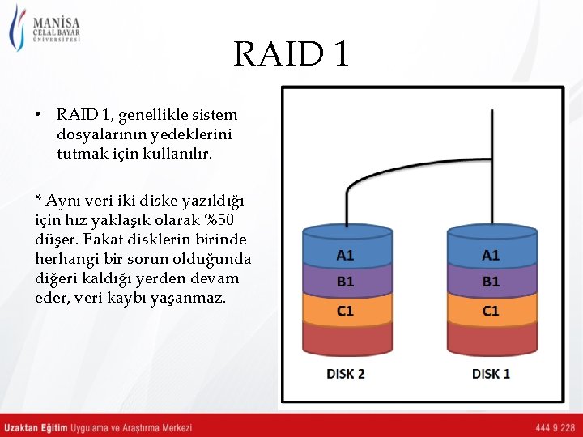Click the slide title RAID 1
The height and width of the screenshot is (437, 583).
[x=291, y=54]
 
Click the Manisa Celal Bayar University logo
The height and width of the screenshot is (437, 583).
[x=45, y=30]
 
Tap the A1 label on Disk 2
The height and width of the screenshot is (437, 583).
[x=345, y=255]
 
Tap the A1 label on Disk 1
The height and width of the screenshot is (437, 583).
[x=491, y=255]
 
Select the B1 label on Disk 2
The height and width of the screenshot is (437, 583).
[x=345, y=282]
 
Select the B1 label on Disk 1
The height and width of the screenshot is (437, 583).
[x=491, y=282]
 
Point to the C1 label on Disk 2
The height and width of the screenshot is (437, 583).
[x=345, y=311]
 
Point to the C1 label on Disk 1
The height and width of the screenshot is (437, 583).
[x=491, y=311]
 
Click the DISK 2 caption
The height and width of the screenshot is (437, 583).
[x=345, y=374]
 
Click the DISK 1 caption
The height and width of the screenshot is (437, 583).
[x=491, y=374]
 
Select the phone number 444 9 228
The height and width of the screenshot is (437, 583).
[x=555, y=427]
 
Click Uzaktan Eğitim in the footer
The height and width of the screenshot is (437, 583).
[x=36, y=427]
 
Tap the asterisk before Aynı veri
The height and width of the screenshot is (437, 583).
[x=38, y=200]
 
